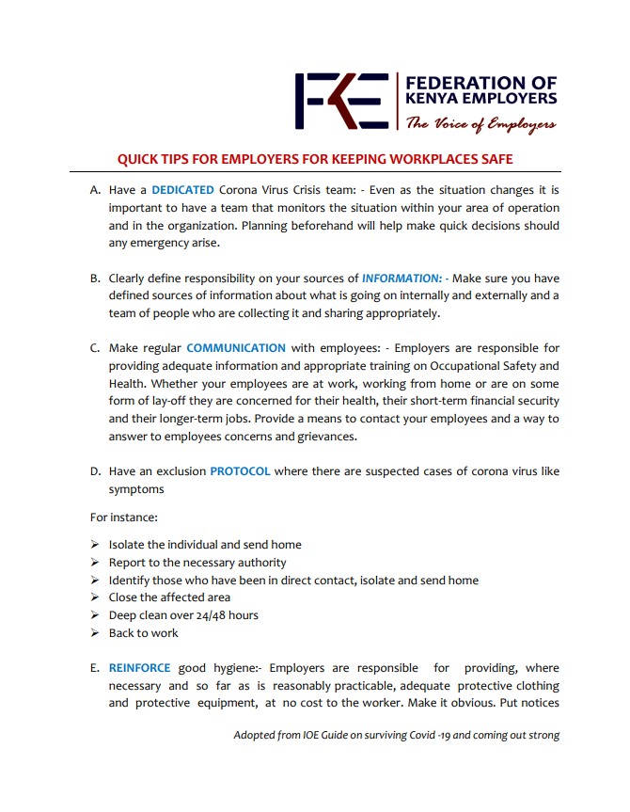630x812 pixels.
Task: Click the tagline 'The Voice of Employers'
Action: (480, 124)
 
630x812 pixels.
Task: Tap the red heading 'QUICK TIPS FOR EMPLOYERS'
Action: (315, 159)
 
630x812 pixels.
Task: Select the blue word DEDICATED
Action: (182, 190)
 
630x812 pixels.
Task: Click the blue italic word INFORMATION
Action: (402, 279)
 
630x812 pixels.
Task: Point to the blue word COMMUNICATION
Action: (236, 348)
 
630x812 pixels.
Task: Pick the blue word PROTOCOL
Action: (240, 471)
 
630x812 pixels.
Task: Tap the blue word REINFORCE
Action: (139, 668)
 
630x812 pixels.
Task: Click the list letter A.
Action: (95, 190)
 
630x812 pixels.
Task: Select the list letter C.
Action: (95, 348)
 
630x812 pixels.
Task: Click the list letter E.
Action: (95, 668)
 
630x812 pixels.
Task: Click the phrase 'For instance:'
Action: (124, 517)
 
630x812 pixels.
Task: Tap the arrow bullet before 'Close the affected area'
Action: (95, 597)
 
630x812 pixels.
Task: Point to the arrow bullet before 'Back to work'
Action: (95, 633)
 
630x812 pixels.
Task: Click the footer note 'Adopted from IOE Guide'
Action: (396, 735)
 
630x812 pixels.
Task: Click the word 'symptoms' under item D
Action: (136, 489)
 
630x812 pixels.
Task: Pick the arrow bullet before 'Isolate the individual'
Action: (95, 545)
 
